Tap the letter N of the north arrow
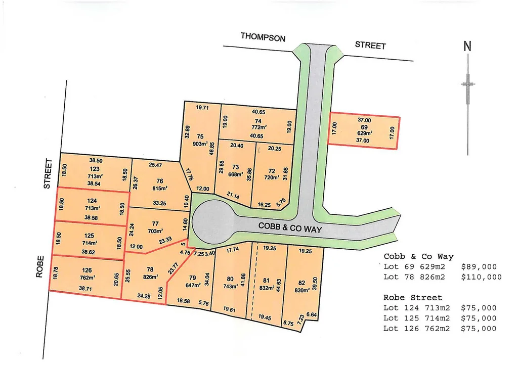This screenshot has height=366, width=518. click(467, 47)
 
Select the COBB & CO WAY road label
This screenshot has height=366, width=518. click(290, 228)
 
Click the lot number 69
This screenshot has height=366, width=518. click(364, 127)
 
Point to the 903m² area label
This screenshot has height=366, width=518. click(200, 144)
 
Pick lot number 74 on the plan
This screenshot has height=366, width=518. click(258, 121)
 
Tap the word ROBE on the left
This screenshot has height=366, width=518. click(40, 270)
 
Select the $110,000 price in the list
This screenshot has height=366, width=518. click(481, 277)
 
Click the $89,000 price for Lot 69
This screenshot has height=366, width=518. click(479, 267)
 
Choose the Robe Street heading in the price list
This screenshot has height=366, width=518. click(413, 298)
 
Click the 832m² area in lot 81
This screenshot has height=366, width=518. click(267, 288)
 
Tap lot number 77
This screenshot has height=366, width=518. click(155, 223)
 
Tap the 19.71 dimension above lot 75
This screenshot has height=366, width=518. click(202, 108)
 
